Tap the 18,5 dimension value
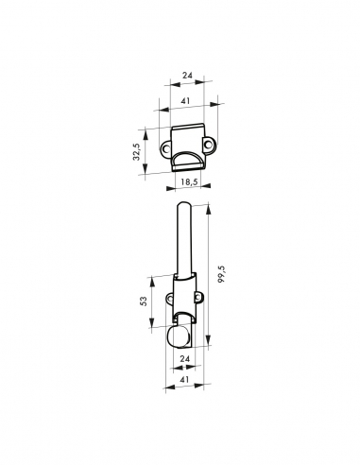(x=188, y=180)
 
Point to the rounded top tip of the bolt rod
(x=184, y=206)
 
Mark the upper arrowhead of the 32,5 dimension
(x=146, y=129)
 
